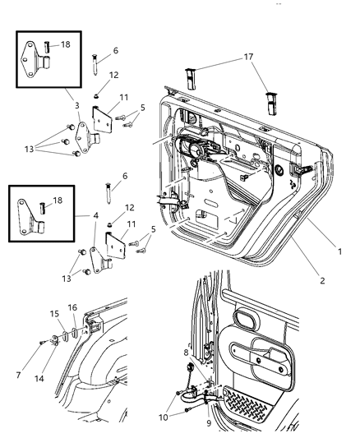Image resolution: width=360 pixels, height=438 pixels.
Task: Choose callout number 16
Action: pyautogui.click(x=72, y=307)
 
